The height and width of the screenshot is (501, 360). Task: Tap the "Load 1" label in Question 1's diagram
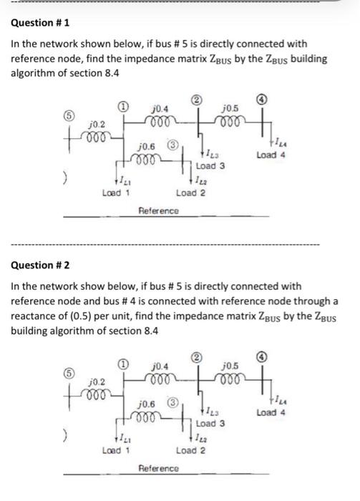[x=115, y=193]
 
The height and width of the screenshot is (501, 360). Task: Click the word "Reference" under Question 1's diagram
[x=158, y=210]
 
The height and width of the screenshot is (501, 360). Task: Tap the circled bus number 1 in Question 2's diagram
[x=124, y=364]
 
